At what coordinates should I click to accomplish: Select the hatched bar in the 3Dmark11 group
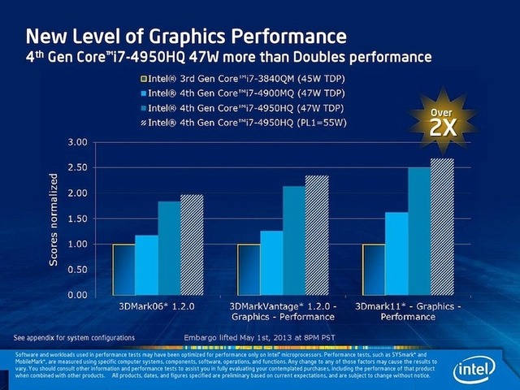point(442,227)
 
